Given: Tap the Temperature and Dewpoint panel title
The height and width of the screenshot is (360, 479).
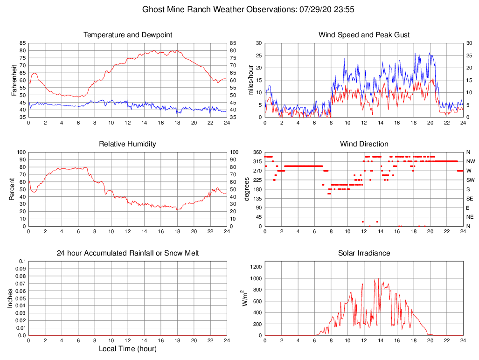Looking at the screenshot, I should pyautogui.click(x=128, y=35).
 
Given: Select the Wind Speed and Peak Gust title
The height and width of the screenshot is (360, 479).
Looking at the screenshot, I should pyautogui.click(x=364, y=35).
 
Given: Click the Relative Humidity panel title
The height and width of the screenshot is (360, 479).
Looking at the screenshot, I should pyautogui.click(x=128, y=144).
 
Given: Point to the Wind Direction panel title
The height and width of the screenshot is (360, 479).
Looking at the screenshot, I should pyautogui.click(x=364, y=144).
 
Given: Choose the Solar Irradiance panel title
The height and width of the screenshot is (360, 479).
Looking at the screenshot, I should pyautogui.click(x=364, y=253).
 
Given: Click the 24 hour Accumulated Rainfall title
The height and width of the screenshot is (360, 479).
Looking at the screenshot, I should pyautogui.click(x=128, y=253).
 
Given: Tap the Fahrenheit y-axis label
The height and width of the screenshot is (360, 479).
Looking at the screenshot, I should pyautogui.click(x=14, y=80).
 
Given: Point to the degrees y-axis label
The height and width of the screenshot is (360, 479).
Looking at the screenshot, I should pyautogui.click(x=247, y=189).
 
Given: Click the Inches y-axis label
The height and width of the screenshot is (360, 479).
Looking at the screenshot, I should pyautogui.click(x=11, y=298).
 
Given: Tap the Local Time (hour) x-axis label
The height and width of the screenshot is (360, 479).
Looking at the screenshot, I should pyautogui.click(x=128, y=349).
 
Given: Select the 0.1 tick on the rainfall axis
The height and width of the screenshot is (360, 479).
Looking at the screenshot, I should pyautogui.click(x=22, y=261).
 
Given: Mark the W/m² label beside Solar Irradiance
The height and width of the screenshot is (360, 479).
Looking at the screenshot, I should pyautogui.click(x=244, y=298).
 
